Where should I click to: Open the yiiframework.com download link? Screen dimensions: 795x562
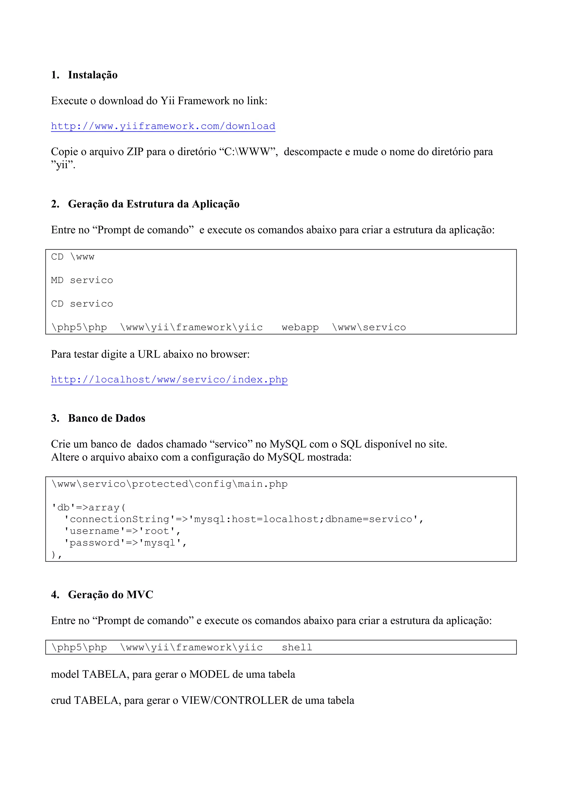(163, 126)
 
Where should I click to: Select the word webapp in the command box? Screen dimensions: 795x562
(300, 327)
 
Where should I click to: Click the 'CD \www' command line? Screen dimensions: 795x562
(73, 257)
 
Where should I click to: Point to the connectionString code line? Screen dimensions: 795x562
(244, 519)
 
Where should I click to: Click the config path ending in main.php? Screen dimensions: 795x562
(169, 484)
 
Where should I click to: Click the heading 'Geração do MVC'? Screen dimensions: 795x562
(110, 595)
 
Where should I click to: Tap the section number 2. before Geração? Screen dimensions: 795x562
(55, 204)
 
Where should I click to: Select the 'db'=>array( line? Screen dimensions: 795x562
(89, 507)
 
